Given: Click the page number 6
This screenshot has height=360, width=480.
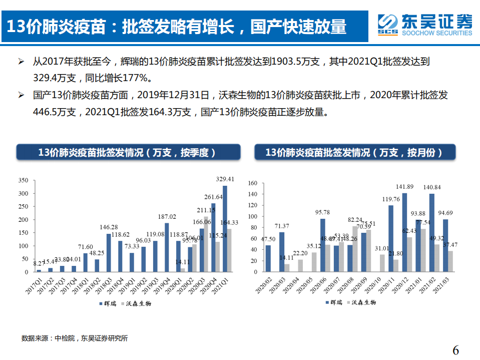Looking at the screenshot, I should [x=455, y=350].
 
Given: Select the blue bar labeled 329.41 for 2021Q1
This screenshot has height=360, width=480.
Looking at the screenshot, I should [x=225, y=229].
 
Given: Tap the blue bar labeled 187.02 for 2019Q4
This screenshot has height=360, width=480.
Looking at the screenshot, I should [x=167, y=247].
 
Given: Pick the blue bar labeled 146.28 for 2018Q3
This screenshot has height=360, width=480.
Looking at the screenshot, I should [x=109, y=253].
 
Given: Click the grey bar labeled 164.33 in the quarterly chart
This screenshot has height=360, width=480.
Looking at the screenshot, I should [x=229, y=250].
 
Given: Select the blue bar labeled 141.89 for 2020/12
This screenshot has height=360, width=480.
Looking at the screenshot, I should [x=404, y=232].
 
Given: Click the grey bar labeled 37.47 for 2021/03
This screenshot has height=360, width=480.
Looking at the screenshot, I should [x=450, y=261].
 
